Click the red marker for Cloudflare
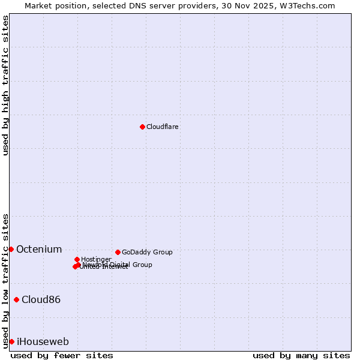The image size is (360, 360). pyautogui.click(x=142, y=127)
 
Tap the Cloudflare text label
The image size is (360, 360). pyautogui.click(x=163, y=127)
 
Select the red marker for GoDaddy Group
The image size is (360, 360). pyautogui.click(x=118, y=252)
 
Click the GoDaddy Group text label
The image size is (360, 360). pyautogui.click(x=147, y=253)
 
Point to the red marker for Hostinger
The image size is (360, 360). pyautogui.click(x=77, y=259)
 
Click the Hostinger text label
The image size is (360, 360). pyautogui.click(x=96, y=259)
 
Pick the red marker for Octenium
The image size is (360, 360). pyautogui.click(x=11, y=249)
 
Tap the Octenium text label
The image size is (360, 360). pyautogui.click(x=39, y=250)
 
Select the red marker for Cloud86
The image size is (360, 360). pyautogui.click(x=16, y=299)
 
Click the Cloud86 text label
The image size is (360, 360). pyautogui.click(x=41, y=300)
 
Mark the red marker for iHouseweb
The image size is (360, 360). pyautogui.click(x=11, y=341)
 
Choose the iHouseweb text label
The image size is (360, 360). pyautogui.click(x=43, y=342)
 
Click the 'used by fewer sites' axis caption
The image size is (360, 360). pyautogui.click(x=62, y=356)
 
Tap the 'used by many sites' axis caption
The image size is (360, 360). pyautogui.click(x=301, y=356)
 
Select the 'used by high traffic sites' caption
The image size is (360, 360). pyautogui.click(x=6, y=85)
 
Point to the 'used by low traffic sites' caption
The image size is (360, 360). pyautogui.click(x=6, y=281)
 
